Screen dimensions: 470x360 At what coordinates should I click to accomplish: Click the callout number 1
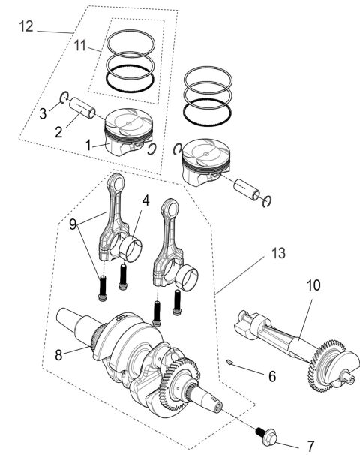[x=88, y=144]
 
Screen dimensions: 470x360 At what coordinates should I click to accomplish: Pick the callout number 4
[x=145, y=201]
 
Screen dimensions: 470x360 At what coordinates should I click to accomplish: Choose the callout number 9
[x=72, y=224]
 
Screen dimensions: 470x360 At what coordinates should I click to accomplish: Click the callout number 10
[x=313, y=286]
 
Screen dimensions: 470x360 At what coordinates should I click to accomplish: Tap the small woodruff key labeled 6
[x=233, y=364]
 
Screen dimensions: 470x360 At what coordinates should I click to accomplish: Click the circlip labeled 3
[x=64, y=98]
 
